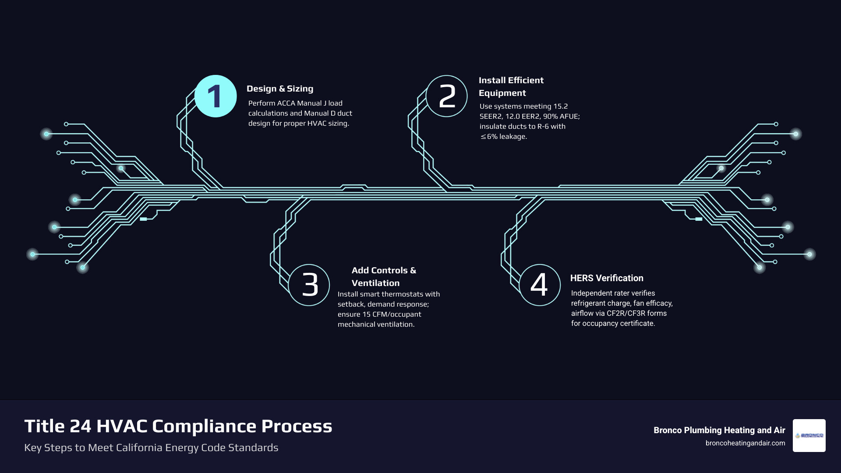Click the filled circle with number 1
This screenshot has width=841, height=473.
point(216,96)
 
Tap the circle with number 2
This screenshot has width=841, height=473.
point(447,96)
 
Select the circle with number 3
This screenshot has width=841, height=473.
point(309,285)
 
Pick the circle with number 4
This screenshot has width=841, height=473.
point(540,285)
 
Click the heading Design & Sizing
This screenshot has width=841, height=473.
point(280,88)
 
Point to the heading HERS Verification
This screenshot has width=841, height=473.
point(607,278)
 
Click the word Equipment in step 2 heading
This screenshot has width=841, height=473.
point(502,93)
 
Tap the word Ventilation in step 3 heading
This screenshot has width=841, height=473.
point(375,283)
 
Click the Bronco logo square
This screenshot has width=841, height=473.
point(809,435)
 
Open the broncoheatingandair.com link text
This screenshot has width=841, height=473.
point(745,443)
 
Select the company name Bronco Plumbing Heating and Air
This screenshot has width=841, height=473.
point(719,430)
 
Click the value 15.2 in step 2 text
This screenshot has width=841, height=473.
point(560,106)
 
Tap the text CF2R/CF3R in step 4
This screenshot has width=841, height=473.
point(625,313)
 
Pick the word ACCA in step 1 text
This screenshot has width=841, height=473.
point(286,103)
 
